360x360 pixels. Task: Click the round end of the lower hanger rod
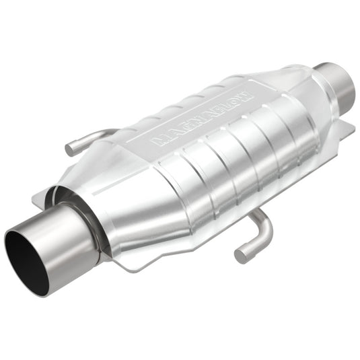[x=240, y=254]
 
